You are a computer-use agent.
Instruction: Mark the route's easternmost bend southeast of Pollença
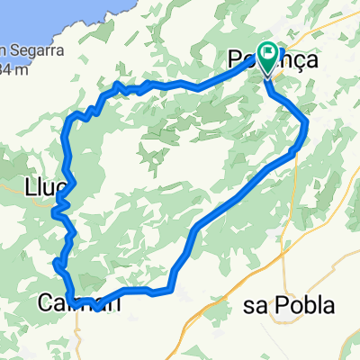coord(307,121)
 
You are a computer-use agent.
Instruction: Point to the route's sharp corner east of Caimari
coord(168,291)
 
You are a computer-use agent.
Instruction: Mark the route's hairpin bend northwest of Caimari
coord(57,264)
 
